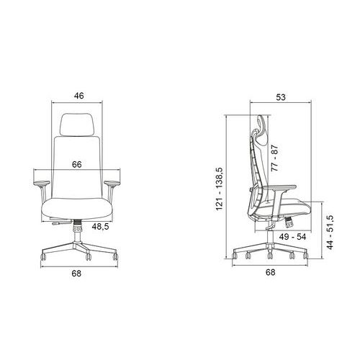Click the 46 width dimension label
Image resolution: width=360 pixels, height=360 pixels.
click(x=79, y=96)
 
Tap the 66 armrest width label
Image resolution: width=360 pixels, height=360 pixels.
click(x=77, y=164)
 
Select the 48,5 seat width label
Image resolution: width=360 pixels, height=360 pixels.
click(x=100, y=226)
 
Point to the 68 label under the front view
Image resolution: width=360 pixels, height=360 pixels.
click(x=76, y=274)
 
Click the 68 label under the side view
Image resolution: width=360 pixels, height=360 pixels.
click(x=270, y=272)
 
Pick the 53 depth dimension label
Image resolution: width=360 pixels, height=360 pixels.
click(x=281, y=97)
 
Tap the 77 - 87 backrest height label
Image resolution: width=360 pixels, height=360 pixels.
click(x=274, y=158)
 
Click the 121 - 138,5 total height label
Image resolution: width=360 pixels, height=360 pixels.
click(x=220, y=189)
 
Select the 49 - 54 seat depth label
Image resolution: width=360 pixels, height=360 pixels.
click(x=292, y=237)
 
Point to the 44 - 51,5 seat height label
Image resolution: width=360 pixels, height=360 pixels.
click(x=330, y=232)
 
